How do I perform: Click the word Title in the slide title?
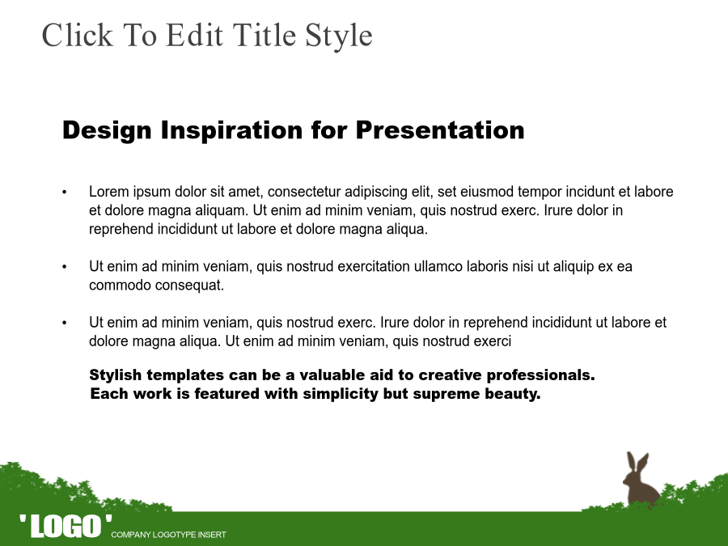[x=263, y=35]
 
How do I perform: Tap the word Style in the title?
[x=338, y=37]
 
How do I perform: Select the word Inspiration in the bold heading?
[x=231, y=130]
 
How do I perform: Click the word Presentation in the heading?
[x=440, y=129]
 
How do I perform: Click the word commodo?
[x=120, y=285]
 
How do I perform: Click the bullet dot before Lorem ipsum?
[x=65, y=193]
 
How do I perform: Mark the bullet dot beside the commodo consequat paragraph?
[x=65, y=267]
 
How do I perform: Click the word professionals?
[x=540, y=375]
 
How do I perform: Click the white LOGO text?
[x=66, y=526]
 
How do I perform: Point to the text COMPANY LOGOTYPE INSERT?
[x=168, y=535]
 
